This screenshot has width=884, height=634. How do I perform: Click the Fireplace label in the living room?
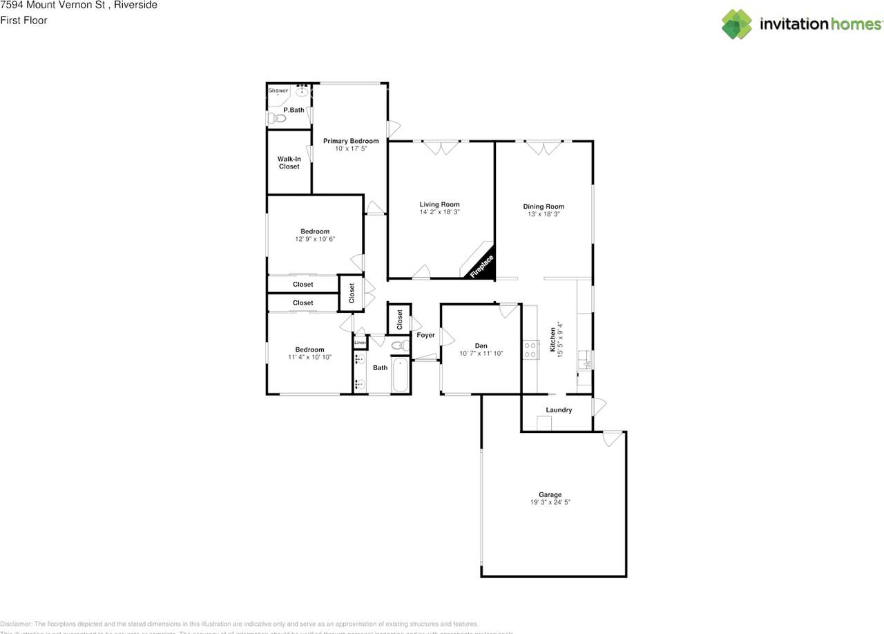tap(482, 266)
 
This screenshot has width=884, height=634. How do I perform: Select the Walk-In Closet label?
tap(289, 162)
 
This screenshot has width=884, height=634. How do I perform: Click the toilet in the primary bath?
tap(277, 118)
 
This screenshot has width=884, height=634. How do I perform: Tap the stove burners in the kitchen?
tap(530, 349)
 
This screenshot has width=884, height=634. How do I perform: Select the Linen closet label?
tap(360, 343)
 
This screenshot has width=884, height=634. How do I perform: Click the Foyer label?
tap(426, 336)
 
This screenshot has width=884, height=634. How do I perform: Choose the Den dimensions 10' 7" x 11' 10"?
tap(481, 354)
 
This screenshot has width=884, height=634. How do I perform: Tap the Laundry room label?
tap(559, 410)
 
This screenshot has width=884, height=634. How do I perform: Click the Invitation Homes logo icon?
tap(737, 24)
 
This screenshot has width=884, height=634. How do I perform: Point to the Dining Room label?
tap(544, 206)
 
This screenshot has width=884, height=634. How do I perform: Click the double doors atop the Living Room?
tap(441, 147)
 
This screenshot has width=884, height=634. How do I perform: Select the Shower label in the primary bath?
tap(278, 90)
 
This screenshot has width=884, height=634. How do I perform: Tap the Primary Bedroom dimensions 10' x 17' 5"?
tap(351, 148)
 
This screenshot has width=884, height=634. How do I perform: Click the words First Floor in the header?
tap(23, 21)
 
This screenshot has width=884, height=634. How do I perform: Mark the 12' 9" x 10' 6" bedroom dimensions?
tap(315, 239)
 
